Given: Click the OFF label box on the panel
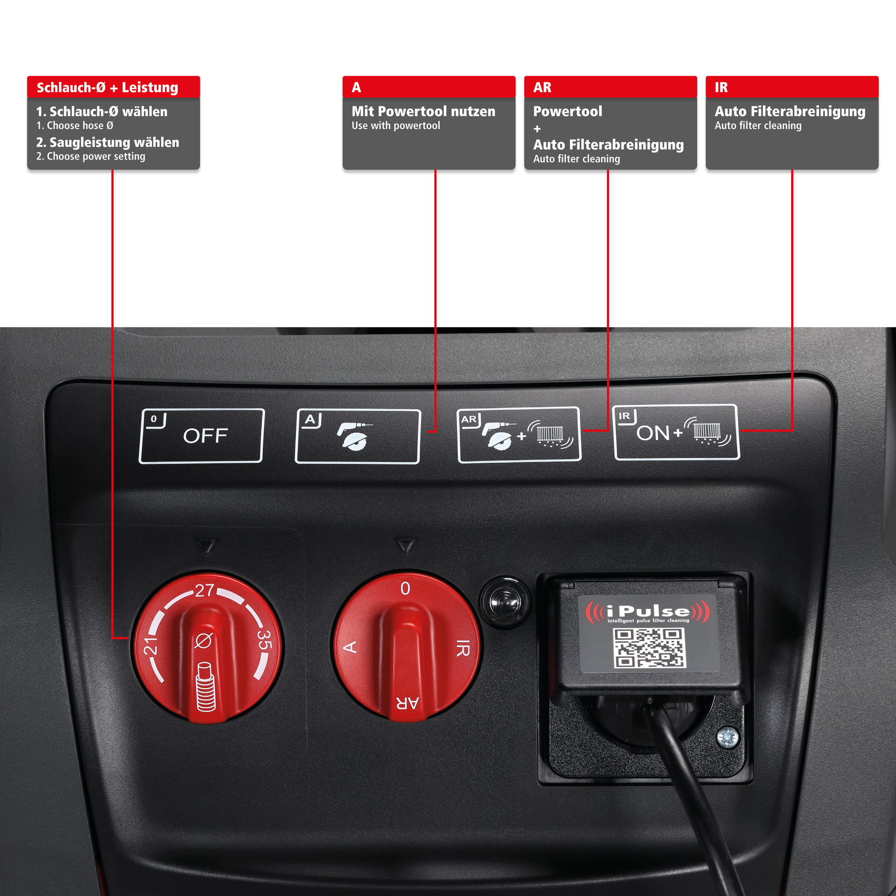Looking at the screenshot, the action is [201, 436].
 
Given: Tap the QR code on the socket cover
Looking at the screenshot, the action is [649, 647].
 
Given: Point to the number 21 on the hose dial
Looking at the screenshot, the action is [150, 646].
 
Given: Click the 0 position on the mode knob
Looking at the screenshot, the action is [405, 588].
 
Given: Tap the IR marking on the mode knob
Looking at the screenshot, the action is [463, 648].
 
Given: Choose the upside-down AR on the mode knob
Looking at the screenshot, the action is [407, 703].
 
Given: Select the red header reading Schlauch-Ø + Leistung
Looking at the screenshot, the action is [114, 87].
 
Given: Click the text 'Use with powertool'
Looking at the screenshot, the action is [396, 126].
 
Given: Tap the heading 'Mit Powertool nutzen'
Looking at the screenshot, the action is [423, 111].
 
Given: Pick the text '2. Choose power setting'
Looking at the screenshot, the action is [91, 156].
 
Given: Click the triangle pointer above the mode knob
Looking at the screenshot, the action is [406, 545].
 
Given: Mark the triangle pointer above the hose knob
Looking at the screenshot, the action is [207, 546].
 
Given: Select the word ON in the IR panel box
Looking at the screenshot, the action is [653, 433].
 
